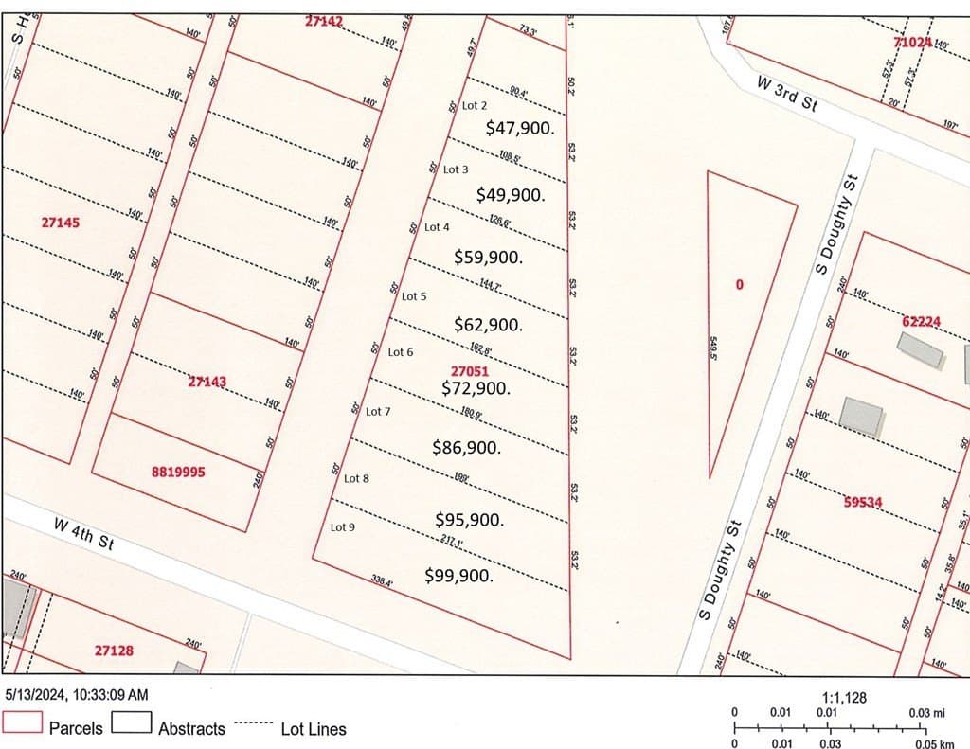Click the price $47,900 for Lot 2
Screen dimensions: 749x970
519,127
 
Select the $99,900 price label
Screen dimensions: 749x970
459,575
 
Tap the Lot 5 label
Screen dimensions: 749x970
414,296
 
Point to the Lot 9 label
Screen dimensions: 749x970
343,527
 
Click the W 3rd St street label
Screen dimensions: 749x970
786,94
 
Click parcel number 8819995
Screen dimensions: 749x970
178,471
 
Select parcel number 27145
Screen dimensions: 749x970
61,223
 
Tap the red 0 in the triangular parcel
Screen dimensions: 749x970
740,283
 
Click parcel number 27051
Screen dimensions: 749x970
470,372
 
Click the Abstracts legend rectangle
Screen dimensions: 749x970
132,722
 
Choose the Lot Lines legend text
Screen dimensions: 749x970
314,729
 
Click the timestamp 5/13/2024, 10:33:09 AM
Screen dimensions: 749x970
77,695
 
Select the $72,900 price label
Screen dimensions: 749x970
476,388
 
